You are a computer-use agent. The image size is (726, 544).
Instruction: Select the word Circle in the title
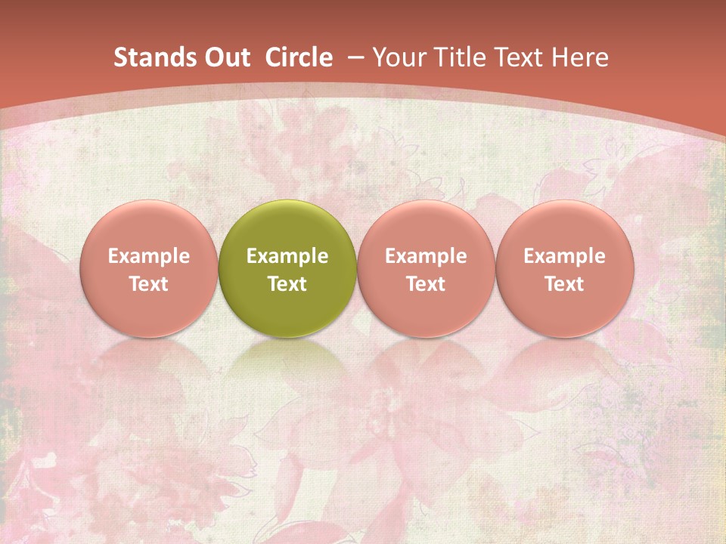(x=299, y=57)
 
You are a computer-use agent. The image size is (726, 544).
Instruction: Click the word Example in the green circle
(x=287, y=256)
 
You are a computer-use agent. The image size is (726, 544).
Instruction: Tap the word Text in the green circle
(x=287, y=284)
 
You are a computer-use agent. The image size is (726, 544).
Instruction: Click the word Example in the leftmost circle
(x=148, y=256)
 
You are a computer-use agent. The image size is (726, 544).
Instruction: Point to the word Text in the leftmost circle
(x=148, y=284)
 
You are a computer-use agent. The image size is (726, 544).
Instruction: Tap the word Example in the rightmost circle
(x=565, y=256)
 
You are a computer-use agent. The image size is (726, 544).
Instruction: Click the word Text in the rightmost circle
(x=565, y=284)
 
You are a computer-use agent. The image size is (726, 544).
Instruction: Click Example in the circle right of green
(x=426, y=256)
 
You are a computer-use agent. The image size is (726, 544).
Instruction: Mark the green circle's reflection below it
(x=287, y=363)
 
